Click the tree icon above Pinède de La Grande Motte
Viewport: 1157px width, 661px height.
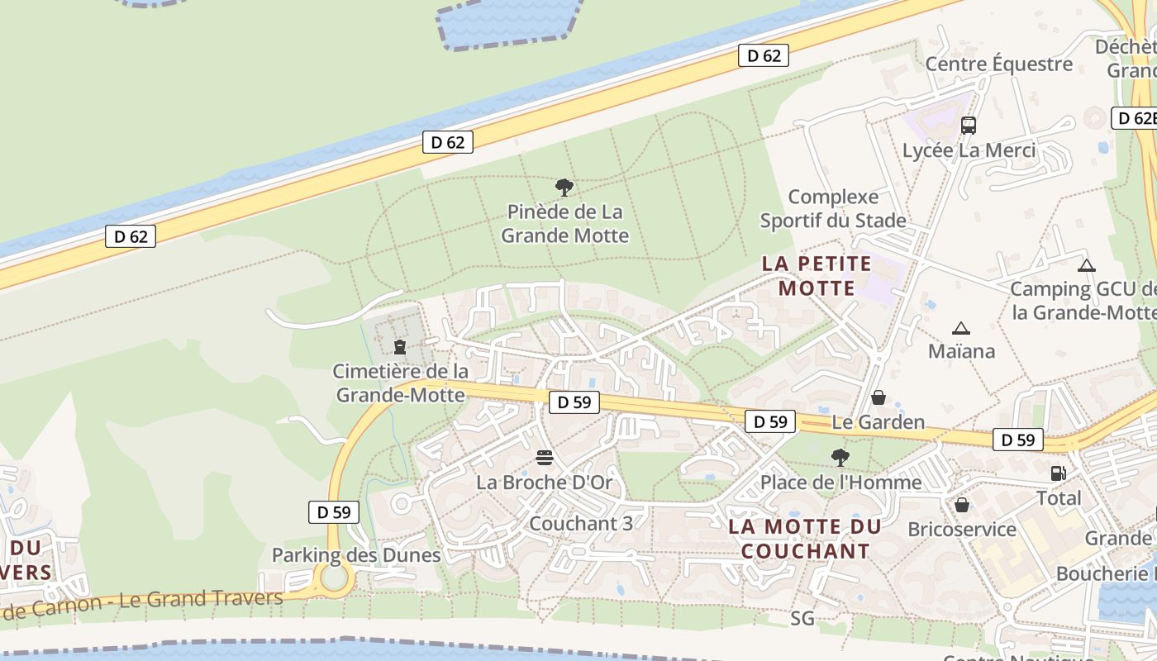tap(564, 188)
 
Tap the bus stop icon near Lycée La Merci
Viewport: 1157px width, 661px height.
tap(969, 126)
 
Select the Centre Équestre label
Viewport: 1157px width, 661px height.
tap(998, 64)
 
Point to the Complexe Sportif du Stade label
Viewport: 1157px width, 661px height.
tap(833, 209)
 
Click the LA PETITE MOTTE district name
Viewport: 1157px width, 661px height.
tap(817, 276)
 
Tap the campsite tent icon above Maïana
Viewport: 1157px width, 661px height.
tap(960, 328)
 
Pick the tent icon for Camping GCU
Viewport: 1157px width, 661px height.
tap(1086, 265)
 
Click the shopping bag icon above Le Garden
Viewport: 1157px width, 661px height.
tap(878, 398)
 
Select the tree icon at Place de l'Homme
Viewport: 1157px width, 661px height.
tap(840, 458)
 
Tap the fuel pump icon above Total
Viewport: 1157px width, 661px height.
tap(1058, 473)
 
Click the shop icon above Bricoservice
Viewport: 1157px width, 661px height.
tap(962, 505)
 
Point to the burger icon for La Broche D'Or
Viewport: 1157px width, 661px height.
tap(544, 457)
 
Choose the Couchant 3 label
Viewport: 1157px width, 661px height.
tap(581, 523)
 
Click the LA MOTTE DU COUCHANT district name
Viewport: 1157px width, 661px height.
tap(805, 539)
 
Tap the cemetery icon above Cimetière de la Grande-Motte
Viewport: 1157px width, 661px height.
tap(400, 346)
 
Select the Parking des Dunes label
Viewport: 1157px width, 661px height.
tap(356, 554)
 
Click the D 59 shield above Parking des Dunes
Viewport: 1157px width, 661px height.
tap(334, 512)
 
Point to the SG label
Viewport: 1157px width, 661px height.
tap(802, 618)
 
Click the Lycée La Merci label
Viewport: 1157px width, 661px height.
tap(969, 150)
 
